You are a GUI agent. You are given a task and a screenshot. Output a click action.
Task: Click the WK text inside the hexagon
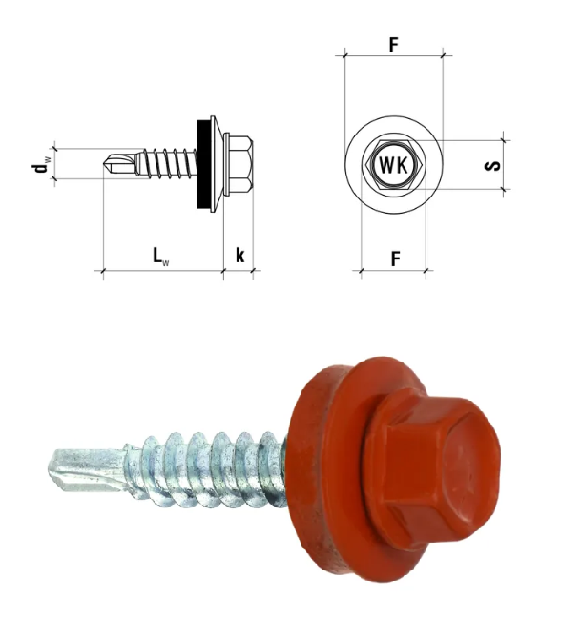pos(394,165)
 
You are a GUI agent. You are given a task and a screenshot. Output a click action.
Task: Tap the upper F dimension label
pos(394,45)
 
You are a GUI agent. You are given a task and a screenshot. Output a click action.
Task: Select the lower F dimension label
pos(395,259)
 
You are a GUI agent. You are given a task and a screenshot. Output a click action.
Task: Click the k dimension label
pos(240,255)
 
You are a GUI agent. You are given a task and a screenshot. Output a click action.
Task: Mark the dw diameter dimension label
pos(42,164)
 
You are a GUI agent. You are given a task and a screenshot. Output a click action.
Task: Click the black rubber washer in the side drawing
pos(202,164)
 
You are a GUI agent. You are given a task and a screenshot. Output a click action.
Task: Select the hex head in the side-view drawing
pos(239,164)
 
